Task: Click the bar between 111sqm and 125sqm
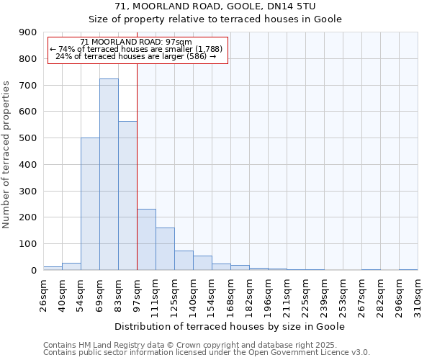click(165, 249)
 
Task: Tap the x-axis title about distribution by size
click(230, 326)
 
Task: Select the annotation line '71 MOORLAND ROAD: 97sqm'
click(136, 42)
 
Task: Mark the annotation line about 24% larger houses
click(136, 56)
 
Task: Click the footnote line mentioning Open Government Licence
click(207, 352)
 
